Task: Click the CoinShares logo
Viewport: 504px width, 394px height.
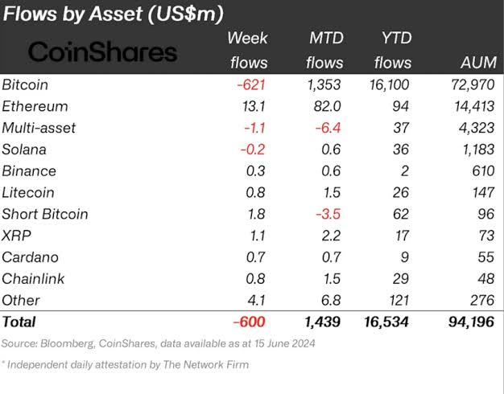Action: (x=102, y=52)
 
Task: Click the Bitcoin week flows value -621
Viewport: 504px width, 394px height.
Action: (x=250, y=84)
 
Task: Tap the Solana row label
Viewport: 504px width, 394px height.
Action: (x=24, y=149)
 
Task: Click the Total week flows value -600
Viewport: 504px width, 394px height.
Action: (x=250, y=322)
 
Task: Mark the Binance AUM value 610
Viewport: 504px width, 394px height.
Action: (x=478, y=170)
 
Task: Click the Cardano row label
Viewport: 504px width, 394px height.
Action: (x=28, y=257)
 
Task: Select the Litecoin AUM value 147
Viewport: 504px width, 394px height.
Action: (x=479, y=192)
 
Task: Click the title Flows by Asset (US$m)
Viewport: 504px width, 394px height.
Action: (x=112, y=14)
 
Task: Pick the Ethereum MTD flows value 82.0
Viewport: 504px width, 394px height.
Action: (x=326, y=105)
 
